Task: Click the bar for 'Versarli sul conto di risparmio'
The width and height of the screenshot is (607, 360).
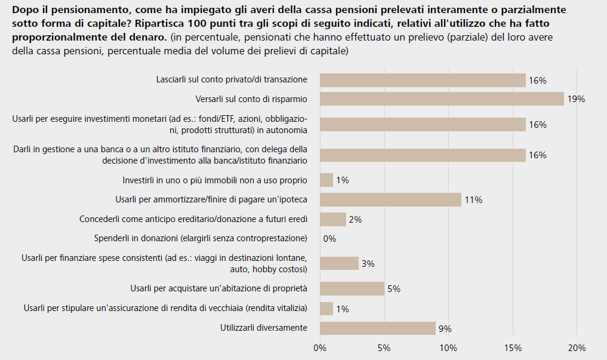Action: coord(442,99)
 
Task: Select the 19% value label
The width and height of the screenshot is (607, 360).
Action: coord(576,99)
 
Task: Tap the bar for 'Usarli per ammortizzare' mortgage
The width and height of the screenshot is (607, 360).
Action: coord(390,199)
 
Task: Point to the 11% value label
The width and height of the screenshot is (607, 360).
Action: coord(473,200)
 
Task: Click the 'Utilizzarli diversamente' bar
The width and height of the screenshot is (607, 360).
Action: coord(378,328)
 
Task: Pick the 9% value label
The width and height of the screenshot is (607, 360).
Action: coord(445,328)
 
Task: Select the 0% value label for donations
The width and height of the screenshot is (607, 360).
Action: coord(329,239)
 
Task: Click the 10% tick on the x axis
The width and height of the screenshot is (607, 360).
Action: coord(448,348)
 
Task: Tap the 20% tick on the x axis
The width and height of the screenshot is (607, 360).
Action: coord(577,348)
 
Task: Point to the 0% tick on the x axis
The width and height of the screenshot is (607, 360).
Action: coord(320,348)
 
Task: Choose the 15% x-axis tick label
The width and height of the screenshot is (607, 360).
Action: coord(513,348)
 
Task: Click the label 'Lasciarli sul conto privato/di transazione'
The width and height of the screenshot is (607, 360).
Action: coord(232,79)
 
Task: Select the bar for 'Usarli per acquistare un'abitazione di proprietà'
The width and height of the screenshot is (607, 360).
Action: coord(352,289)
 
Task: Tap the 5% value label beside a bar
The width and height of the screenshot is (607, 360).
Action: coord(393,290)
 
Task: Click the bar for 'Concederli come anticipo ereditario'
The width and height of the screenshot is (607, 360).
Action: coord(333,219)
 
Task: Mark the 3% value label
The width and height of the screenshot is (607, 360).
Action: coord(368,264)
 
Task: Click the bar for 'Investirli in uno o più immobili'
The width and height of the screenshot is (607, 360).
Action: coord(326,180)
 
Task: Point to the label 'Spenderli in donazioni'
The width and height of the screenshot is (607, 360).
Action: coord(201,239)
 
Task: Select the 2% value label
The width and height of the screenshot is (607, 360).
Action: coord(355,220)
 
